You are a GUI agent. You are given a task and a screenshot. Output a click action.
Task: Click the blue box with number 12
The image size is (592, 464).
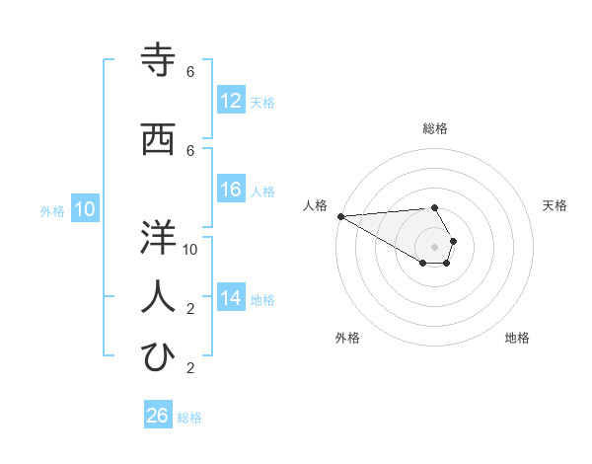[x=231, y=101]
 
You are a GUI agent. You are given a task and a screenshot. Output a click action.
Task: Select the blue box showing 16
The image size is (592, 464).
[x=231, y=191]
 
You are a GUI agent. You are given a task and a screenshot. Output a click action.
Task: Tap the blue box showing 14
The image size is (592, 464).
[x=231, y=298]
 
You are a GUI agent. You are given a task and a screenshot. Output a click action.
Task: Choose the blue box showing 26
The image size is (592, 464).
[x=158, y=416]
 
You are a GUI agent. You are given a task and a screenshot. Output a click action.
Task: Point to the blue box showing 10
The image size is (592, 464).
[x=85, y=209]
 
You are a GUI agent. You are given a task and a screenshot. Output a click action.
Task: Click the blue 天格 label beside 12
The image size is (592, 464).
[x=262, y=102]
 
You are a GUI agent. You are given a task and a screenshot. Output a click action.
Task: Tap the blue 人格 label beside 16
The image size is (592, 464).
[x=262, y=192]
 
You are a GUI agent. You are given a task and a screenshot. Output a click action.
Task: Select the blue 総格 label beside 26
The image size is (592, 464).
[x=189, y=417]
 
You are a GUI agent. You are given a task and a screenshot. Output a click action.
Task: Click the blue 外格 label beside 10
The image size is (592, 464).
[x=52, y=210]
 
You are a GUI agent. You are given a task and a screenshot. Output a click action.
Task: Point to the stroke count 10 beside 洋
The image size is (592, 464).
[x=190, y=249]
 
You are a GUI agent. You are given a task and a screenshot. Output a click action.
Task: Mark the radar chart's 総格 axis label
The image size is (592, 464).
[x=434, y=128]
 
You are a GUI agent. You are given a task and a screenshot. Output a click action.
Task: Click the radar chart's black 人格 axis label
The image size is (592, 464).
[x=315, y=205]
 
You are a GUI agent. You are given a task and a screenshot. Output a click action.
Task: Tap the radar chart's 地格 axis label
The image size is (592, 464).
[x=517, y=338]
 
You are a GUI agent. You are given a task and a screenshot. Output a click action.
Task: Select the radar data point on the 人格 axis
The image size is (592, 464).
[x=340, y=216]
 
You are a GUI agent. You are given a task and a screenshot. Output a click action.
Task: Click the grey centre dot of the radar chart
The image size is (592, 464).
[x=434, y=247]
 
